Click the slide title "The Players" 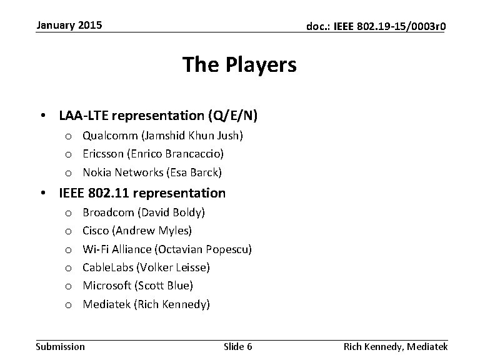(x=239, y=64)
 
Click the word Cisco (x=96, y=231)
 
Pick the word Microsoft (x=107, y=286)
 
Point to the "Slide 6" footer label (x=237, y=347)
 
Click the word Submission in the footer (x=61, y=347)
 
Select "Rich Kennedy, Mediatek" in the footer (x=396, y=347)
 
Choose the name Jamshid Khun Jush (x=192, y=135)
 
